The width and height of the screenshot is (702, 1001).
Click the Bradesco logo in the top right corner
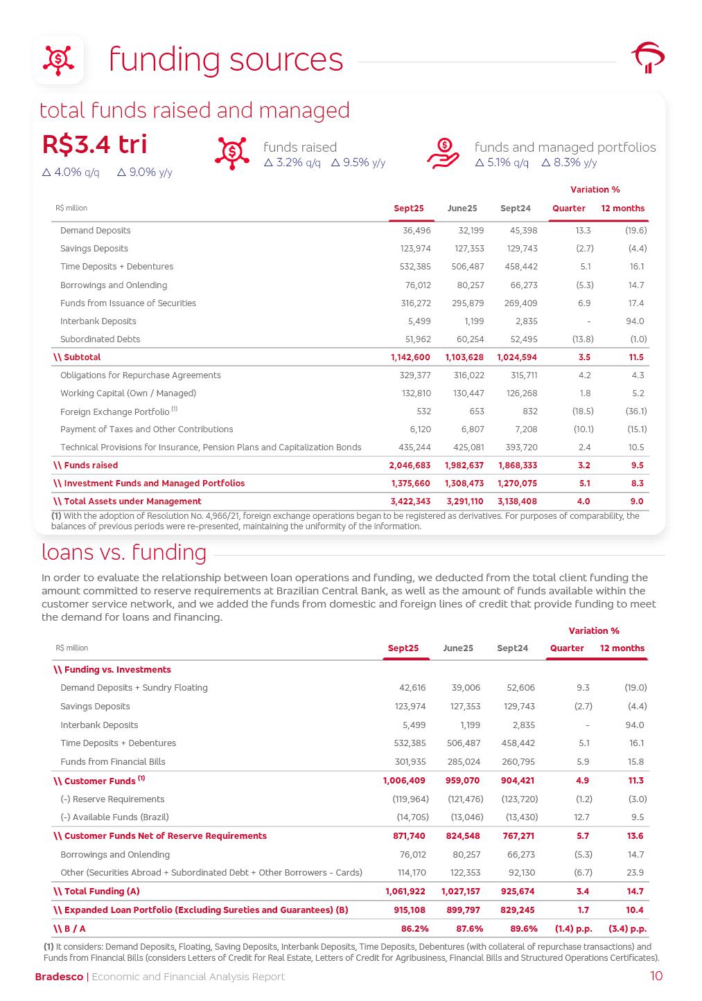647,58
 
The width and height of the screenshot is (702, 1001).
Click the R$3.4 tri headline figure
95,144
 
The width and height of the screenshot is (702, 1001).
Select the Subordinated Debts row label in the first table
100,339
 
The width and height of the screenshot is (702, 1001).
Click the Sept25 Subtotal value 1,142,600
410,357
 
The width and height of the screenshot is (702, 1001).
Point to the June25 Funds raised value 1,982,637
464,466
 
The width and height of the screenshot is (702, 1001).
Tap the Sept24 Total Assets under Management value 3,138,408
517,502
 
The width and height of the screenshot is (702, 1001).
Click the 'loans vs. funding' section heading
124,553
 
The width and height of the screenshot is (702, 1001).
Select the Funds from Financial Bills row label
113,762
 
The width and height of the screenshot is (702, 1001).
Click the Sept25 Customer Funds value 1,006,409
404,781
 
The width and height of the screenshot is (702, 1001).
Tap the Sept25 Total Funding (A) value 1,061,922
405,892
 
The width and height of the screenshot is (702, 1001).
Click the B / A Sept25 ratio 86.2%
414,929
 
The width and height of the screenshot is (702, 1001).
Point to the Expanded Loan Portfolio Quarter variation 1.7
583,910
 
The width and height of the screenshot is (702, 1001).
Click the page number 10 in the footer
656,977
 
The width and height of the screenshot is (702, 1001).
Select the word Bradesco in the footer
59,977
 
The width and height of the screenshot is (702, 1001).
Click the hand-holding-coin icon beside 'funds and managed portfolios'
444,152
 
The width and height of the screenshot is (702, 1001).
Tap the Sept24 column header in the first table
515,209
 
